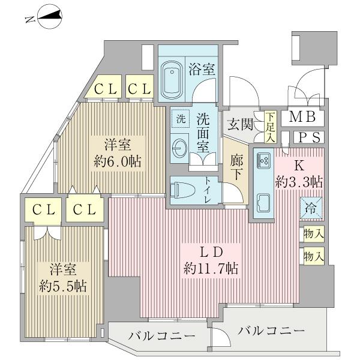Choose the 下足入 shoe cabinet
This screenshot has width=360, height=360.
click(x=271, y=127)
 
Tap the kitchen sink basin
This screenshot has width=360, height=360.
click(x=263, y=202)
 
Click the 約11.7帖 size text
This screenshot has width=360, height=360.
click(x=211, y=269)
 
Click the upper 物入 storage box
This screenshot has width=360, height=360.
click(x=313, y=233)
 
